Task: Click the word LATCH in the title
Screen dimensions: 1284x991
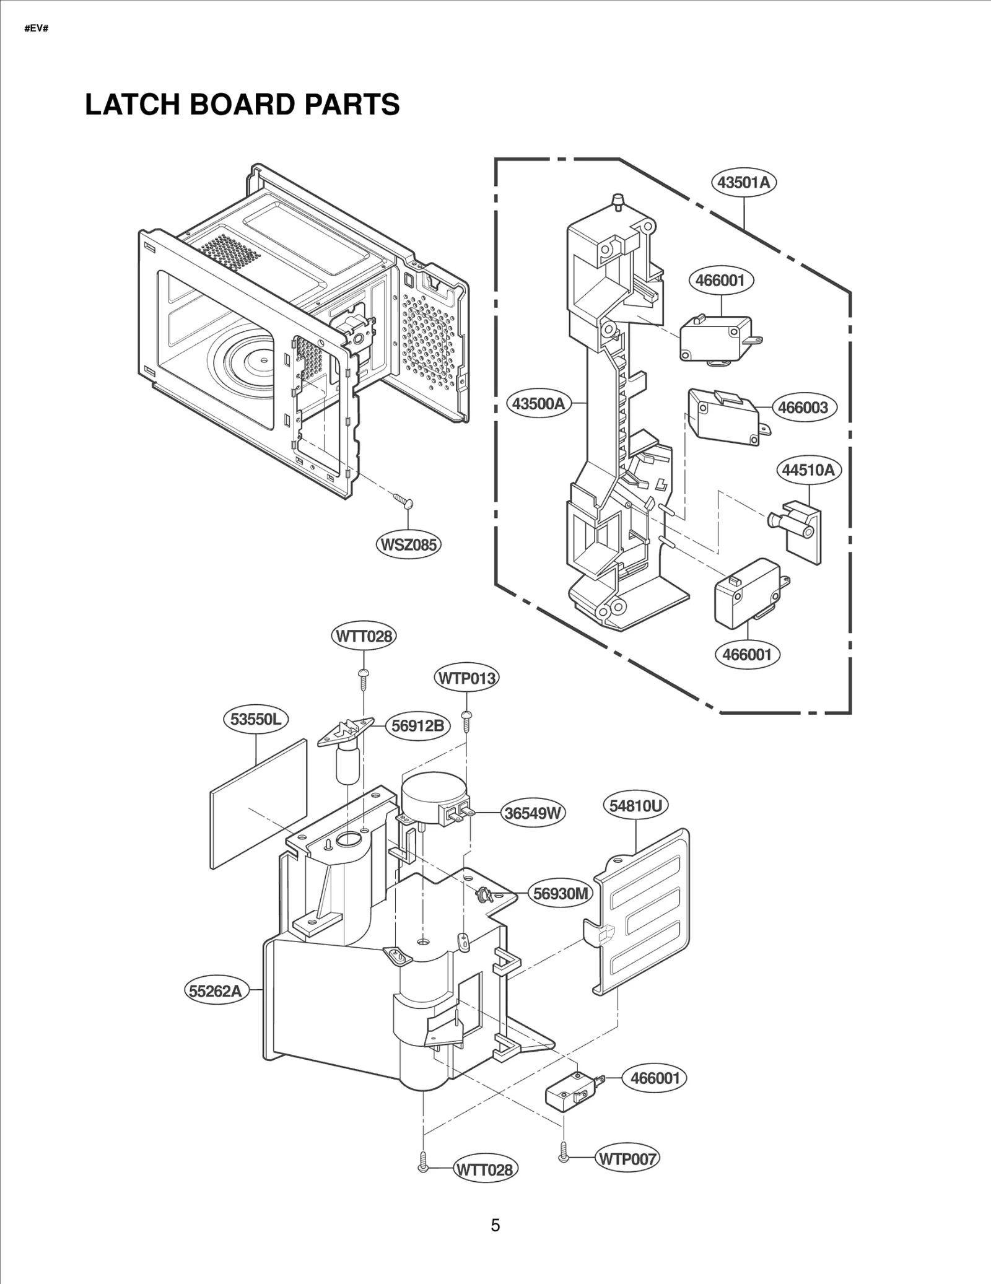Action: [x=132, y=105]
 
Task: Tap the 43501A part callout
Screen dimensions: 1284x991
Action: [x=743, y=182]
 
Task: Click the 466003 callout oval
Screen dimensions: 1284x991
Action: [x=803, y=408]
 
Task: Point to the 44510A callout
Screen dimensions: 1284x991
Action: [x=808, y=470]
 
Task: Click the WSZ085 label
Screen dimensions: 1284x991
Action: [x=408, y=545]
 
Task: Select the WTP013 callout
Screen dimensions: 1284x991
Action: [x=467, y=678]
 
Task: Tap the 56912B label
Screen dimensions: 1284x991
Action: [x=418, y=725]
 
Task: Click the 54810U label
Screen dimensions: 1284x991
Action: [x=635, y=806]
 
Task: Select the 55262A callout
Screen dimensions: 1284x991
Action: [x=216, y=991]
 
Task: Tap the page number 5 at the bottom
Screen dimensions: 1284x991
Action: [x=495, y=1225]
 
